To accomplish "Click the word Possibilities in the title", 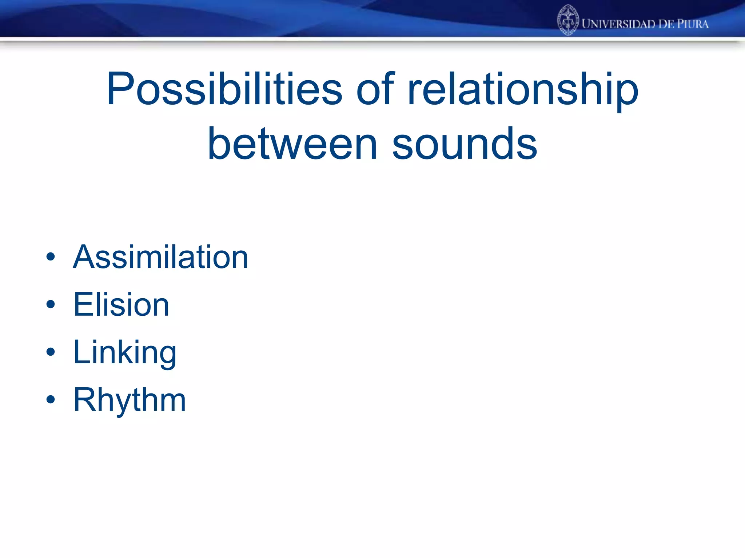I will point(224,89).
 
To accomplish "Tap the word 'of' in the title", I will point(375,89).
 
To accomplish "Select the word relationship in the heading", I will point(523,89).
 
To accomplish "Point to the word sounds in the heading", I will point(465,144).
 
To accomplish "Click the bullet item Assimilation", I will point(160,257).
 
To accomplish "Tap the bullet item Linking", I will point(125,352).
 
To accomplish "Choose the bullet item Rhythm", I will point(130,400).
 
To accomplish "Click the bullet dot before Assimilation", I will point(51,257).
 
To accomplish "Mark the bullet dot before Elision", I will point(51,304).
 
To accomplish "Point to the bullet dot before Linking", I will point(51,352).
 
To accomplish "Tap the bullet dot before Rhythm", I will point(51,399).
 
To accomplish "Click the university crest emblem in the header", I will point(567,20).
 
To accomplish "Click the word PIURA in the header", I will point(693,24).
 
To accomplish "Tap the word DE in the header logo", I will point(666,24).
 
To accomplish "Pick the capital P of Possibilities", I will point(120,89).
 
